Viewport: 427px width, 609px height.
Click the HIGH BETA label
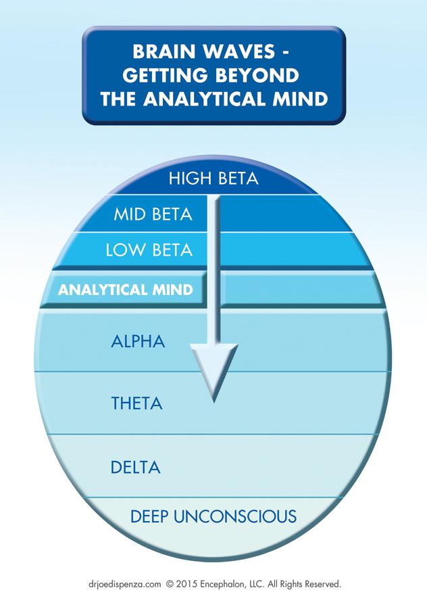point(214,179)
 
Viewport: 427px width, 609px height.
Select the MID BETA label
point(153,215)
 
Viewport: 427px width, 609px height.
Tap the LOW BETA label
point(149,250)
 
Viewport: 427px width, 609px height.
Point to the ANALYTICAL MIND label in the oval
point(125,290)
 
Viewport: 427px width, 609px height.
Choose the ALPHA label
point(138,341)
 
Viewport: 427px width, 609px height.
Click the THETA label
point(136,404)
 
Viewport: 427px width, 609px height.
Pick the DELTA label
point(136,467)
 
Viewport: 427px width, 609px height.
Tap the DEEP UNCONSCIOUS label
point(213,517)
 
